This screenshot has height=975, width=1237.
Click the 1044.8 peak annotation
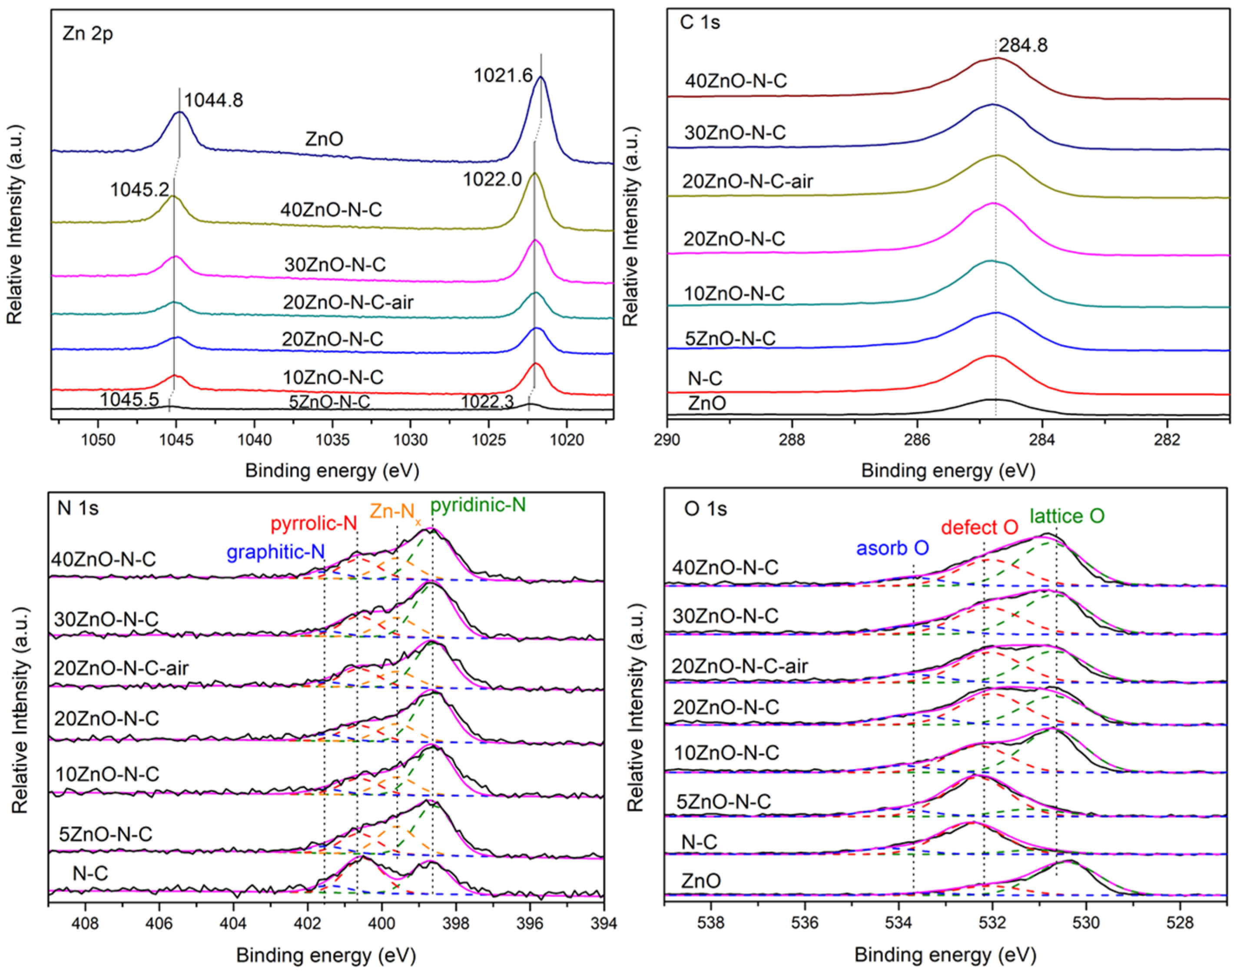[x=213, y=100]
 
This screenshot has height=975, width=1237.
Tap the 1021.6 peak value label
[x=503, y=75]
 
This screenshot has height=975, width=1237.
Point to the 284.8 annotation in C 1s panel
[x=1023, y=45]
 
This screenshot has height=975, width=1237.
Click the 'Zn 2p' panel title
[x=88, y=33]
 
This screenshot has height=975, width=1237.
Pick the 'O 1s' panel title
[x=705, y=509]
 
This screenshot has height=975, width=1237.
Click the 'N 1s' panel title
[x=78, y=507]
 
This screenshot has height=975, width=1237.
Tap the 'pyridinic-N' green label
[x=478, y=505]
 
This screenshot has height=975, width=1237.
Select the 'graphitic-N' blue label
[x=275, y=552]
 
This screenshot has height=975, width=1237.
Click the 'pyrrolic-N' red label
[x=314, y=523]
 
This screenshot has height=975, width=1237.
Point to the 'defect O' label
[x=979, y=527]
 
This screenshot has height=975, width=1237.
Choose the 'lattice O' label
[x=1067, y=516]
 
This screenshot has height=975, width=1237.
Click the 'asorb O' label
[x=892, y=548]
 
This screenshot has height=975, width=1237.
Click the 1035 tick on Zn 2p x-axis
[x=333, y=440]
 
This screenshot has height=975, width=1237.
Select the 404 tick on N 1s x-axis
[x=233, y=923]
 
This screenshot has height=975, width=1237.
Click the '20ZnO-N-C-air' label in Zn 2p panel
[x=348, y=302]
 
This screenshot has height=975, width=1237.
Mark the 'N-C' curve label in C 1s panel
[x=705, y=379]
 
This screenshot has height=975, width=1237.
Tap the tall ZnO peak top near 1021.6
[x=541, y=78]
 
